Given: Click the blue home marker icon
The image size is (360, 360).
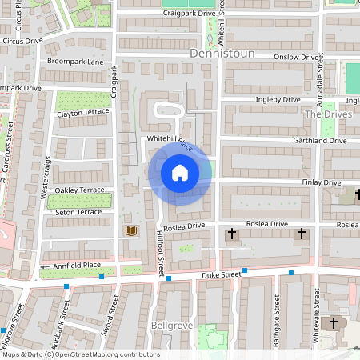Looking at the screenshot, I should click(x=179, y=172).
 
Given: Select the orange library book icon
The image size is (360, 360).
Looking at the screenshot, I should click(x=131, y=231).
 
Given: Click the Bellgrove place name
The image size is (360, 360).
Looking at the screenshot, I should click(x=170, y=326).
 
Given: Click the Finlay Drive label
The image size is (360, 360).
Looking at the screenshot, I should click(x=322, y=182).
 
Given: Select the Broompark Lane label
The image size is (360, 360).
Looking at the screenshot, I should click(x=75, y=62).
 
